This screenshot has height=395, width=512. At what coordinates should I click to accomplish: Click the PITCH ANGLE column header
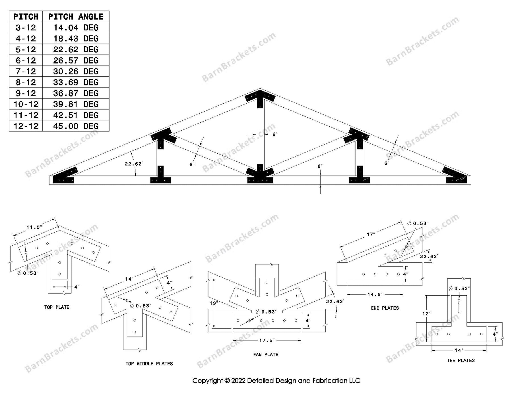click(76, 17)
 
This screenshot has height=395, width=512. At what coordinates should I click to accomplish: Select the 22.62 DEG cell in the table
click(76, 49)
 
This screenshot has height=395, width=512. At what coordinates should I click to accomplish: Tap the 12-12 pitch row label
click(26, 126)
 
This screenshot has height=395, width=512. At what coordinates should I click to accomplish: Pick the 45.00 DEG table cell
click(76, 126)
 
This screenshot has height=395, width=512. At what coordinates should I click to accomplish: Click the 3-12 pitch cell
click(26, 28)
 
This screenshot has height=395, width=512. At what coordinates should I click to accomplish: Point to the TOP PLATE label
click(57, 307)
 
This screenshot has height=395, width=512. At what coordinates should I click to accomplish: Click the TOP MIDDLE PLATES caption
click(149, 363)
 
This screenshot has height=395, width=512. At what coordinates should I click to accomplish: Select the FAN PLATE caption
click(266, 354)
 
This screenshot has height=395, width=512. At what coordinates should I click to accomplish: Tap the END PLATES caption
click(385, 308)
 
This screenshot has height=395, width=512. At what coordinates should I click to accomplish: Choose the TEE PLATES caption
click(461, 360)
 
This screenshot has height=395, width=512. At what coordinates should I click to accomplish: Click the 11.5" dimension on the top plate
click(34, 227)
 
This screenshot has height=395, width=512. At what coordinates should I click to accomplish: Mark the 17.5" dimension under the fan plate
click(266, 340)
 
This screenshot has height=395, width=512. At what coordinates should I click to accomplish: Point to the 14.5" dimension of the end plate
click(374, 294)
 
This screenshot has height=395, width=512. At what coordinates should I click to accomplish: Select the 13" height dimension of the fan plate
click(213, 303)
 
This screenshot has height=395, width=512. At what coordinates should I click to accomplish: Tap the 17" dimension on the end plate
click(371, 234)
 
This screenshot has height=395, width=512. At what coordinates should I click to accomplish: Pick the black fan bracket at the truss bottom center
click(260, 176)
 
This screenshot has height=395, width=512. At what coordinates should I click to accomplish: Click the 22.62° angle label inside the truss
click(133, 164)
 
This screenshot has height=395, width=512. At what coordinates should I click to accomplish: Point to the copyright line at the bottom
click(276, 381)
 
